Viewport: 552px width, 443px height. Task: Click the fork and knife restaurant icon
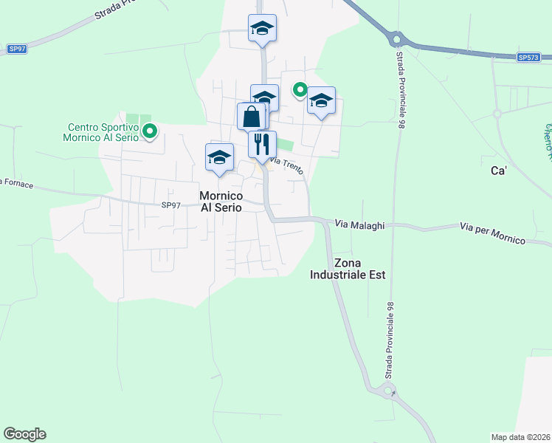tap(262, 143)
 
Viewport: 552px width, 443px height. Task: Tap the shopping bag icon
tap(251, 116)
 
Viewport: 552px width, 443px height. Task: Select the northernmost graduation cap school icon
tap(262, 29)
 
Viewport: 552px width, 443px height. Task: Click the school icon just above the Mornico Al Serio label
tap(219, 157)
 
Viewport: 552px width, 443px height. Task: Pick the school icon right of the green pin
tap(321, 101)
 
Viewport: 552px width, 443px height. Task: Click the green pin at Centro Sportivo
tap(150, 132)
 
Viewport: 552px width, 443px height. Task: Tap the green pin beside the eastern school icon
tap(300, 90)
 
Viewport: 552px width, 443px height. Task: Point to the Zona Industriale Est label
tap(360, 269)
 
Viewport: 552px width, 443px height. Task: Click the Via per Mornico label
tap(492, 234)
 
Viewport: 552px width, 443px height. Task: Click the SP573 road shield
tap(528, 58)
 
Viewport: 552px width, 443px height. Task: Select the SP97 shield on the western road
tap(17, 49)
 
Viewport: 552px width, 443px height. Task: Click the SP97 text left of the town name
tap(170, 205)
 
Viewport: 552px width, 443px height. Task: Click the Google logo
tap(24, 434)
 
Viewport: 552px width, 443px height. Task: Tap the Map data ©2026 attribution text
tap(520, 437)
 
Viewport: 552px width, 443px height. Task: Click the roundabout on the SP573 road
tap(397, 39)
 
